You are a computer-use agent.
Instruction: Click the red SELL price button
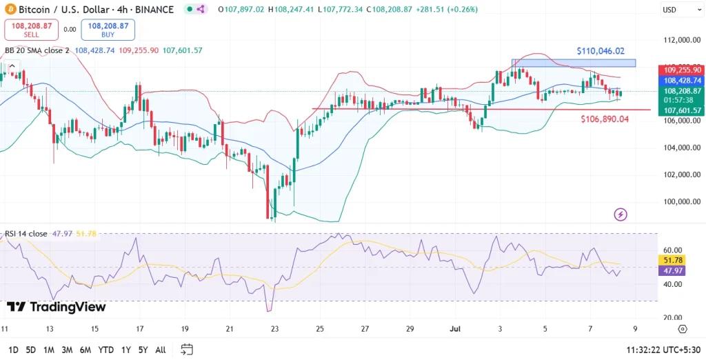coord(30,30)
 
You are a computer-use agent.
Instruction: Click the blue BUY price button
coord(108,30)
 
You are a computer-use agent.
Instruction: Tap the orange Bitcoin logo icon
coord(8,10)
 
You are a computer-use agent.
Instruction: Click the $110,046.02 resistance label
coord(601,51)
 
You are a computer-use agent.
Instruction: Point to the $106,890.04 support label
coord(605,119)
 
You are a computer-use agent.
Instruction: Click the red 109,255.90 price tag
coord(682,70)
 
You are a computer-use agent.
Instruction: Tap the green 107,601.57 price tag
coord(682,110)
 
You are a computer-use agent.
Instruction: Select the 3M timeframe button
coord(67,350)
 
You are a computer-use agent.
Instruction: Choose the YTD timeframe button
coord(106,350)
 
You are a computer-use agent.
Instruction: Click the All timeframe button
coord(160,350)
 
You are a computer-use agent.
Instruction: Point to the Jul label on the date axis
coord(454,329)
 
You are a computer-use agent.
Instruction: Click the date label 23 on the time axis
coord(274,329)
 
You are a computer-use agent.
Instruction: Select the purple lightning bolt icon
coord(621,214)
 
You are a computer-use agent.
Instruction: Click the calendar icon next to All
coord(186,350)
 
